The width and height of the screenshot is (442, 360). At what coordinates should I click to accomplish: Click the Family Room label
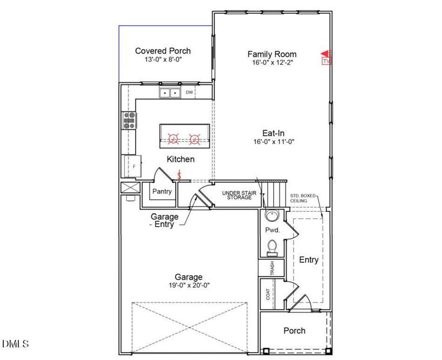point(272,54)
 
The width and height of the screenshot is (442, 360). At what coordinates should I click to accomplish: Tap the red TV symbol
point(326,58)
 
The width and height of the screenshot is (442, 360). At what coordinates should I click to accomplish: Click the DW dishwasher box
point(189,92)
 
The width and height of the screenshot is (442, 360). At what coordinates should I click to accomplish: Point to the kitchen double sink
point(170,92)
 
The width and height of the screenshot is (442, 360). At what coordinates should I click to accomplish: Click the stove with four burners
point(130,121)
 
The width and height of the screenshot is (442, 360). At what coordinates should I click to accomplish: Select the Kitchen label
point(180,159)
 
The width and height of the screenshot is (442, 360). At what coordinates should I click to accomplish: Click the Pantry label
point(162,192)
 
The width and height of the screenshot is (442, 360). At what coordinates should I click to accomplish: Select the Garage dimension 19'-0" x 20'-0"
point(189,286)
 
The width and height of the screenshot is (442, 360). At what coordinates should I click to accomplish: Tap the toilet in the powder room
point(271,247)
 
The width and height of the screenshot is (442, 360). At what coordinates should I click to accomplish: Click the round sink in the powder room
point(271,216)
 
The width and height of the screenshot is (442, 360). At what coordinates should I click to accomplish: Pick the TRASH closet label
point(272,267)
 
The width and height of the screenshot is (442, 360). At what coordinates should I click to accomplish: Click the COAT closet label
point(268,294)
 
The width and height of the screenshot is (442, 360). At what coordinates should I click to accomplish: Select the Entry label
point(309,260)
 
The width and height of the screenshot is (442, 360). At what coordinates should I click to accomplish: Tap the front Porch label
point(294,331)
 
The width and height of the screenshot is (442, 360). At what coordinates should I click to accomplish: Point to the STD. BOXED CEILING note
point(303,198)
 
